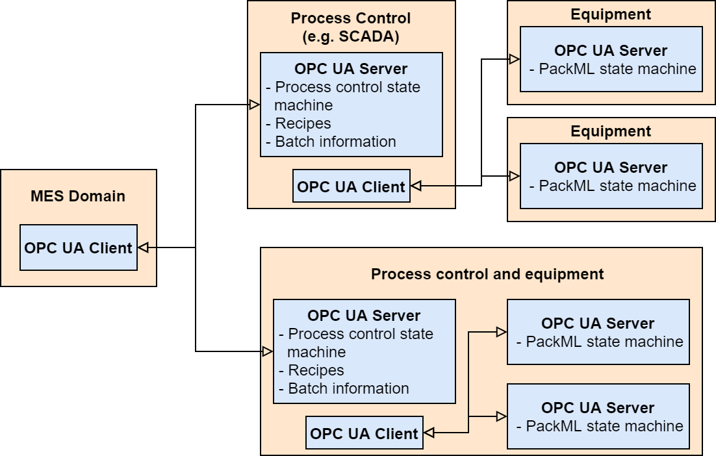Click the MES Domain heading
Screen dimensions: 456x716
[x=79, y=196]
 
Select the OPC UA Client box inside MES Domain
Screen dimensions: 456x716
[x=79, y=247]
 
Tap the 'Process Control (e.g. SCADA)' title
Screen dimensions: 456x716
[x=351, y=27]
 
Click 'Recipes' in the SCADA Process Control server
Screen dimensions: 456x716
[x=303, y=123]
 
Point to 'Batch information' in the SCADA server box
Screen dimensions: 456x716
[x=335, y=141]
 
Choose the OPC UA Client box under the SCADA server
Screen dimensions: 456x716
[x=351, y=186]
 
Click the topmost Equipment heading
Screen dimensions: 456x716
[x=611, y=14]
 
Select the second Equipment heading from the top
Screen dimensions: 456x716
[x=611, y=131]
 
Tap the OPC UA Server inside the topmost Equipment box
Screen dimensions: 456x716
[x=611, y=59]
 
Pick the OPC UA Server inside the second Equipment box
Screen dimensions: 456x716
[x=611, y=176]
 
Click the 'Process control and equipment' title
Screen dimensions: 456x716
[x=487, y=273]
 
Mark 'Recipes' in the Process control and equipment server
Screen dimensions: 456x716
[x=316, y=370]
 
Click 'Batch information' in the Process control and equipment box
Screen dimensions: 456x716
[x=348, y=388]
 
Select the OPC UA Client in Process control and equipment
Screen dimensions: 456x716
[x=364, y=433]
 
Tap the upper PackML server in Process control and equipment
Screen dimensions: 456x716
[x=598, y=332]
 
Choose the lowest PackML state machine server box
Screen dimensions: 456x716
[x=598, y=416]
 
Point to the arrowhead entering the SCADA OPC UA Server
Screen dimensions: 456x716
[x=255, y=105]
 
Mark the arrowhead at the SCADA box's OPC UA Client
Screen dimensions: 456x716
[x=416, y=186]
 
